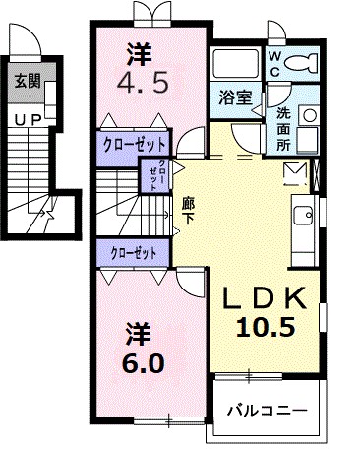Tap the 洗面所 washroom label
point(282,126)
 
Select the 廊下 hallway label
point(188,211)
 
